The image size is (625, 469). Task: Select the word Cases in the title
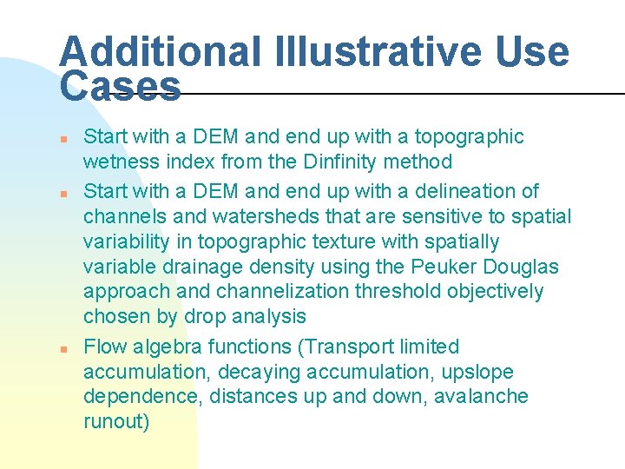pos(120,86)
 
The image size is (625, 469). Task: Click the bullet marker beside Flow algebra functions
pos(63,347)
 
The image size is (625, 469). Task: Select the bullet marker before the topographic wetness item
pos(63,137)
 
